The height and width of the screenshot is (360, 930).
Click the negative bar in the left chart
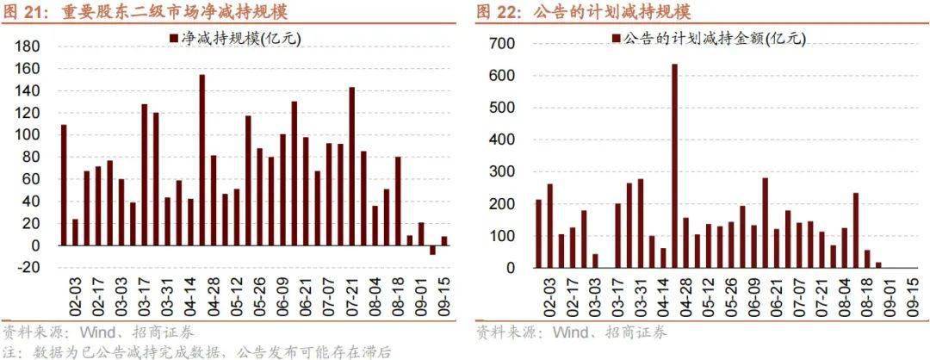click(x=432, y=250)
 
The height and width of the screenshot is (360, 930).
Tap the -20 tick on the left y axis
click(x=30, y=267)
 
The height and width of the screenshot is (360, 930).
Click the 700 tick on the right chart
click(x=504, y=43)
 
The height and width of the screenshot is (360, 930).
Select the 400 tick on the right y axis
click(x=504, y=140)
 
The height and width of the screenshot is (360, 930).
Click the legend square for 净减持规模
click(x=173, y=39)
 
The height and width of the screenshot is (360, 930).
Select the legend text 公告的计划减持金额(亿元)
click(x=713, y=39)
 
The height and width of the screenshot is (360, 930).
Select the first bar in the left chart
click(x=64, y=185)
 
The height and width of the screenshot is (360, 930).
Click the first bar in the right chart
click(x=538, y=233)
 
